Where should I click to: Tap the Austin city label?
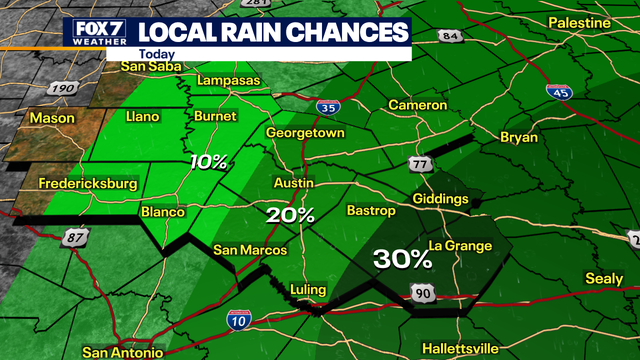[294, 183]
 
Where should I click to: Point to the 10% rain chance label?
[210, 162]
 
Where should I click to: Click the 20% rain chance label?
[291, 215]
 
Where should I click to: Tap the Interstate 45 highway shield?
[559, 91]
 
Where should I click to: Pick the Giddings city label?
[440, 199]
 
